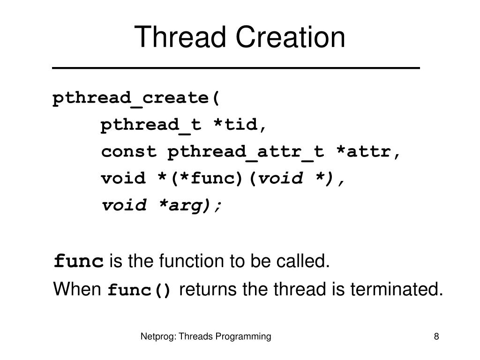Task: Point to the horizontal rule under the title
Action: tap(236, 68)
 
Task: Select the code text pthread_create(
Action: tap(136, 98)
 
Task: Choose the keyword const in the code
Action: tap(129, 152)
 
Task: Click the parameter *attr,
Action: tap(368, 152)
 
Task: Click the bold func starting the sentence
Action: tap(79, 261)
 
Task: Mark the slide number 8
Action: tap(436, 336)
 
